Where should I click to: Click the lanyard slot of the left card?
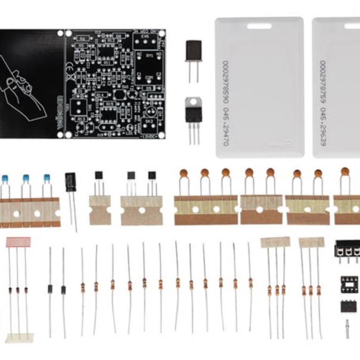(259, 26)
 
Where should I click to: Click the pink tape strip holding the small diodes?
(18, 242)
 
